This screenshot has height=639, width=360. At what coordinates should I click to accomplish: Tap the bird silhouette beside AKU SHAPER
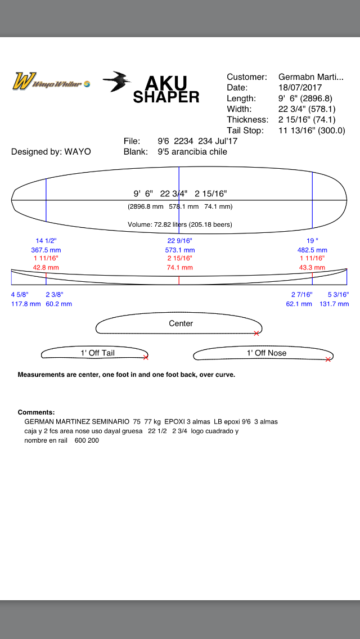click(116, 82)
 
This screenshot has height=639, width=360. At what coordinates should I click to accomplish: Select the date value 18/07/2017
click(300, 88)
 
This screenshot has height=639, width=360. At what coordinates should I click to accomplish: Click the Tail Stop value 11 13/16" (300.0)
click(312, 131)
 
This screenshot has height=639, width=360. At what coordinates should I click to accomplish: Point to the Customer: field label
click(247, 77)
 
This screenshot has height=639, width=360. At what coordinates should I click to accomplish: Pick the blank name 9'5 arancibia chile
click(192, 152)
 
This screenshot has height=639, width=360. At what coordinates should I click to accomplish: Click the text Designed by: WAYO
click(51, 152)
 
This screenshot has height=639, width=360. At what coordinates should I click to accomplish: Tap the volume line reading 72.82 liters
click(180, 224)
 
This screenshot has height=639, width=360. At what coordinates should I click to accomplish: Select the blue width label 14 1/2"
click(46, 241)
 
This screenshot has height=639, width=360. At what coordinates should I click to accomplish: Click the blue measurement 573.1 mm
click(179, 250)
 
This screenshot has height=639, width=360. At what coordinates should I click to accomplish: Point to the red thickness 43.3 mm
click(312, 268)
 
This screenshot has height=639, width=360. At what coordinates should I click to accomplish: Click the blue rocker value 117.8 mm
click(26, 304)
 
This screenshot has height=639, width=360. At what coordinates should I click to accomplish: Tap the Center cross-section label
click(181, 323)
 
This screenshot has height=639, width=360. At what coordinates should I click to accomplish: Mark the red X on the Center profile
click(256, 334)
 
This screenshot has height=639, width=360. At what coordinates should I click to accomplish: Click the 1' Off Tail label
click(97, 353)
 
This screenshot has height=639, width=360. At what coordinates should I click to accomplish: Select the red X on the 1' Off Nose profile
click(328, 359)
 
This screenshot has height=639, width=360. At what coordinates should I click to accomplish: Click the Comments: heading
click(37, 412)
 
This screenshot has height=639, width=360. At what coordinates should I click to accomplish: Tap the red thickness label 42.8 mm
click(46, 268)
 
